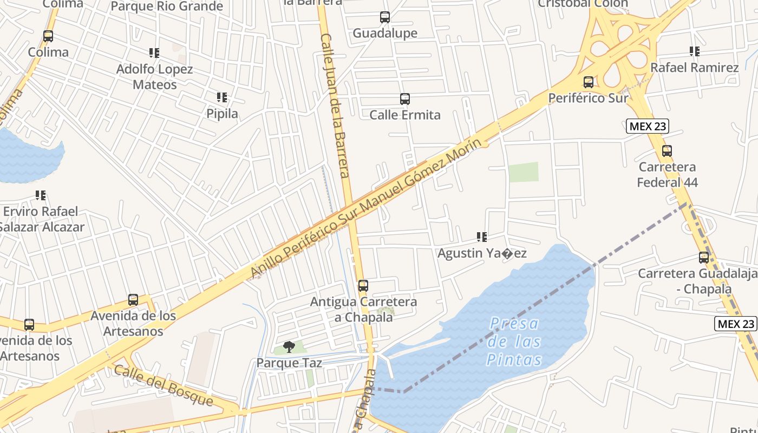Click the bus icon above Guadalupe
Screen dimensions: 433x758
[385, 17]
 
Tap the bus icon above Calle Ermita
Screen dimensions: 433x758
[405, 99]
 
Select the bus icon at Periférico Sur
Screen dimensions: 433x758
[589, 82]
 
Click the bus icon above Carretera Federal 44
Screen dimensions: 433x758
[667, 151]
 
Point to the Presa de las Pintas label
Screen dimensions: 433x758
[514, 342]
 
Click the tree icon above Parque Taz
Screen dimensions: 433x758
[289, 346]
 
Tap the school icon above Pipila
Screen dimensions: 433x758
[222, 97]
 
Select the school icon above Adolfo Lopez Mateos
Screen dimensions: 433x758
[154, 53]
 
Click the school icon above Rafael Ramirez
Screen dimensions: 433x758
[695, 51]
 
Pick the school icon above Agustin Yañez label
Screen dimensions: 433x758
[482, 237]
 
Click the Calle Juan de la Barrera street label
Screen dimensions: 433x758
[335, 106]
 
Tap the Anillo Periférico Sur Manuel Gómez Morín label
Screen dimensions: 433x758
[366, 208]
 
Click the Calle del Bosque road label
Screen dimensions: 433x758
[164, 385]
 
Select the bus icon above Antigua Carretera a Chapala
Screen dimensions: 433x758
[363, 285]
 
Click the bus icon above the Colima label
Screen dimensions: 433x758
[48, 36]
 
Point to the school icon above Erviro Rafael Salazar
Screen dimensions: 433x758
[41, 195]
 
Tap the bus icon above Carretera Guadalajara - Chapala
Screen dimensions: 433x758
[704, 258]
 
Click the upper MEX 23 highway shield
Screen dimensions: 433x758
[648, 127]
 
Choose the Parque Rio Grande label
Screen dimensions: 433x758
[167, 6]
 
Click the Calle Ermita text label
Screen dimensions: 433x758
[405, 115]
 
